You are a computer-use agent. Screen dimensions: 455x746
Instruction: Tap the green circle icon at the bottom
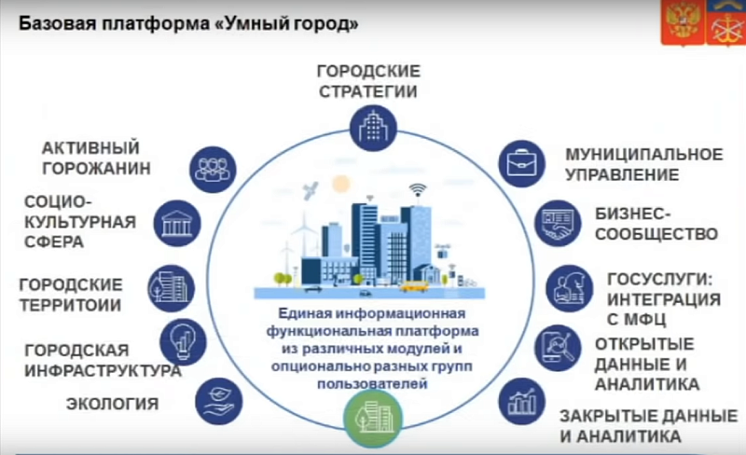[x=372, y=417]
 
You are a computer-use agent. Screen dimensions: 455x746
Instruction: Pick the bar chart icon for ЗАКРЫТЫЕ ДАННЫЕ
[x=520, y=402]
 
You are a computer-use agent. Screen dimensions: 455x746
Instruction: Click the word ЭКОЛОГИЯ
[x=112, y=405]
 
